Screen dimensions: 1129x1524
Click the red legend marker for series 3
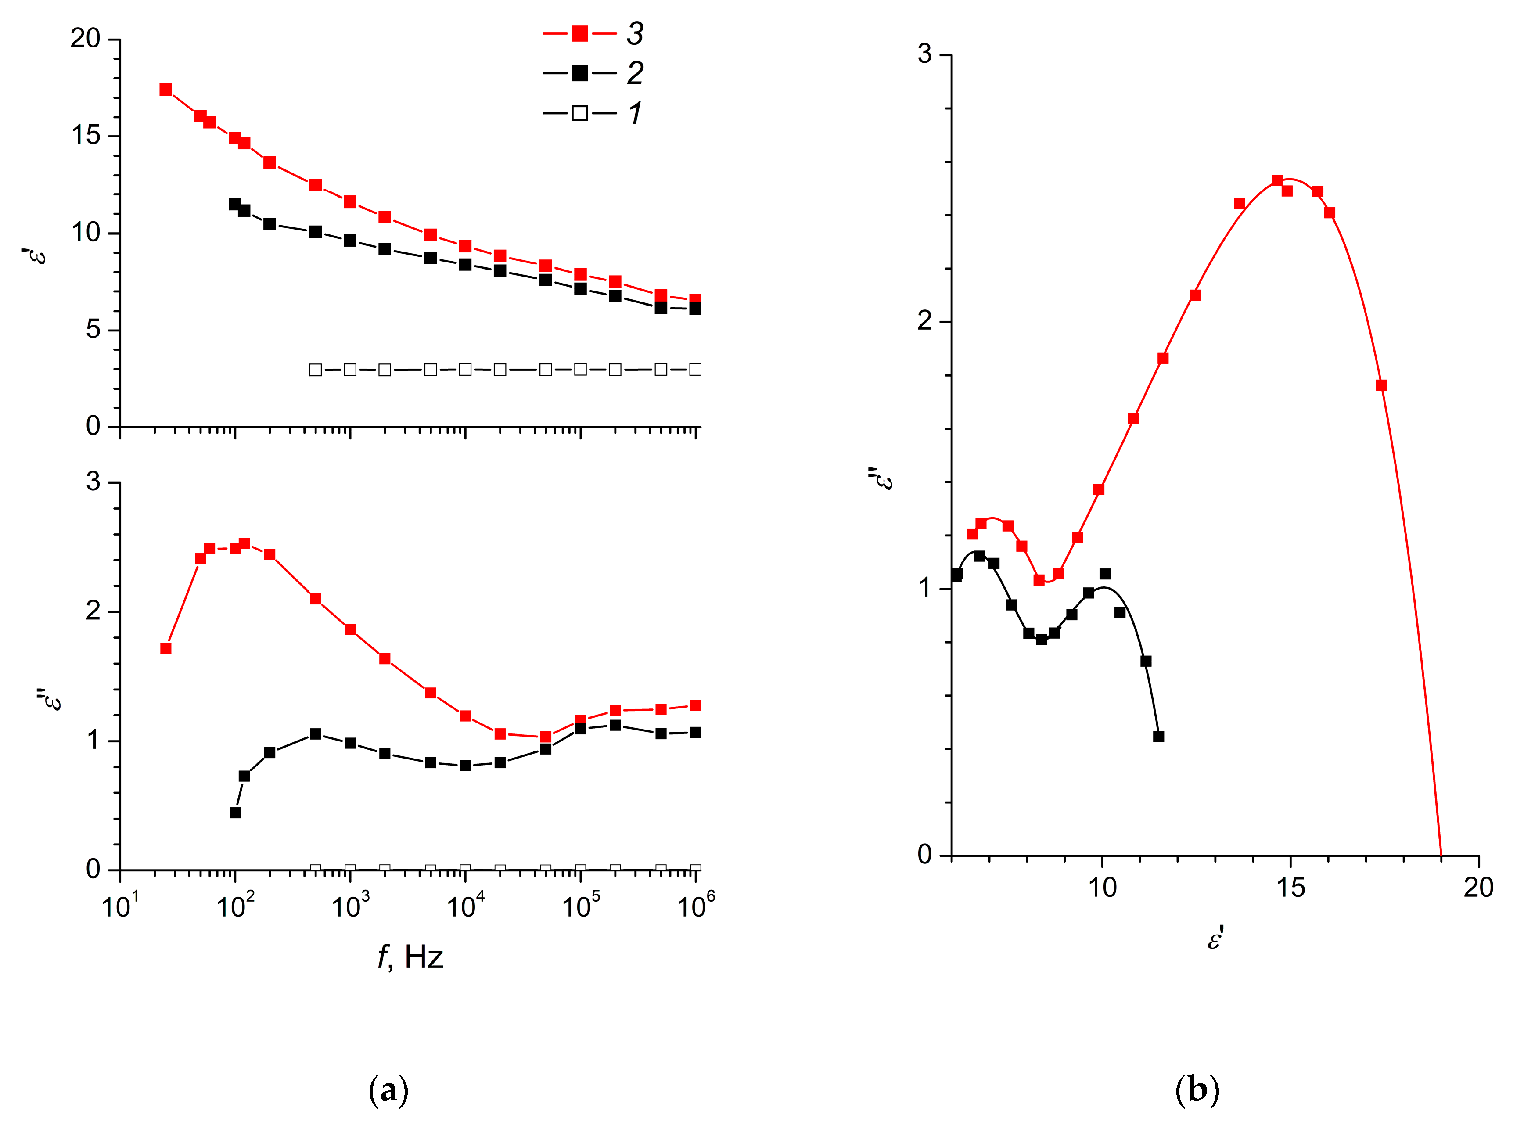pos(579,33)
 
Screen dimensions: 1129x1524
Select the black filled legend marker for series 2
pos(579,73)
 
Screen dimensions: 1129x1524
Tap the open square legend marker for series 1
pos(579,113)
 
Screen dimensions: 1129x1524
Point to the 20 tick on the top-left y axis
pos(86,39)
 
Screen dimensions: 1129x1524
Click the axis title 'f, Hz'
pos(410,957)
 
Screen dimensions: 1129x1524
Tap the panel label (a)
pos(388,1089)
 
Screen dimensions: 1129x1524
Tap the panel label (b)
pos(1197,1089)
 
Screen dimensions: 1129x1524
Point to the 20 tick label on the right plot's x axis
pos(1477,887)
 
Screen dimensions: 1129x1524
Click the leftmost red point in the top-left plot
pos(165,90)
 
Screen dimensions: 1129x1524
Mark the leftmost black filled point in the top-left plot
pos(235,204)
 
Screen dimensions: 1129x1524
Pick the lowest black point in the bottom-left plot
pos(235,813)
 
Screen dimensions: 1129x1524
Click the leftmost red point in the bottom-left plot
pos(165,648)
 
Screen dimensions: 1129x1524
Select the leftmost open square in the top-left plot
pos(315,370)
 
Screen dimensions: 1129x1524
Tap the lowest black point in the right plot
pos(1158,736)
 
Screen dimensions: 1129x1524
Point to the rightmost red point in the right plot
pos(1381,385)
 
